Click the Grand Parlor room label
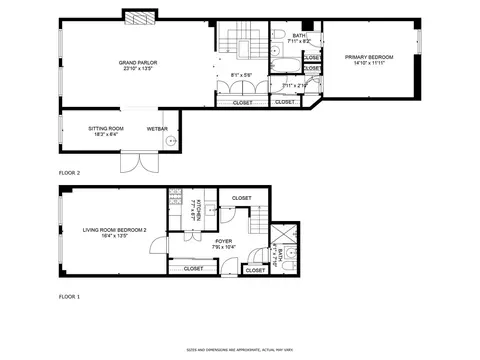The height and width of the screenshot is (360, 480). [x=136, y=62]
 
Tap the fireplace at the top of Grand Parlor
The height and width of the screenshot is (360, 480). [x=139, y=17]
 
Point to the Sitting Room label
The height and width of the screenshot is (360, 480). [x=106, y=129]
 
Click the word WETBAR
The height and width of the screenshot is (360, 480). [x=157, y=129]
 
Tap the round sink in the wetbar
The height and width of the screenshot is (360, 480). [x=171, y=142]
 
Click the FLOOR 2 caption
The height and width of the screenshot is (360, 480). [x=69, y=173]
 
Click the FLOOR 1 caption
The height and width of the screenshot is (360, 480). [x=69, y=297]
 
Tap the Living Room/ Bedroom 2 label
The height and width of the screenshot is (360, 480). [x=114, y=230]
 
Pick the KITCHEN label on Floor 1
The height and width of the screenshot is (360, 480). [x=198, y=211]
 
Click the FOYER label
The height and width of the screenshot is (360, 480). [x=224, y=241]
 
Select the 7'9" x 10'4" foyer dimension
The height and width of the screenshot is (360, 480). [x=224, y=247]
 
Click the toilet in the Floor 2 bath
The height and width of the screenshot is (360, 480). [x=275, y=50]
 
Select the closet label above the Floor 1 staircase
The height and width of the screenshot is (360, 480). [x=241, y=198]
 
